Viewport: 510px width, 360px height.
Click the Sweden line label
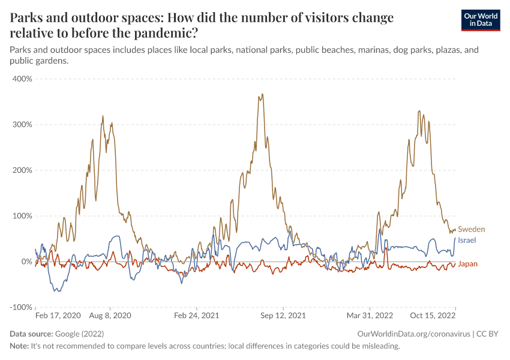(471, 229)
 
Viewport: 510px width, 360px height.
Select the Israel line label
(467, 240)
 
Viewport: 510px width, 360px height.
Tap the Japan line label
(468, 263)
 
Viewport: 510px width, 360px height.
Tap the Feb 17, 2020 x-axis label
(58, 315)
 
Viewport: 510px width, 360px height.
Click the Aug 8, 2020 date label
(109, 315)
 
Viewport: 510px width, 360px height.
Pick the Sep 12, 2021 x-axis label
(283, 315)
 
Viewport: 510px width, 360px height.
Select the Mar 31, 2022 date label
(369, 315)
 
